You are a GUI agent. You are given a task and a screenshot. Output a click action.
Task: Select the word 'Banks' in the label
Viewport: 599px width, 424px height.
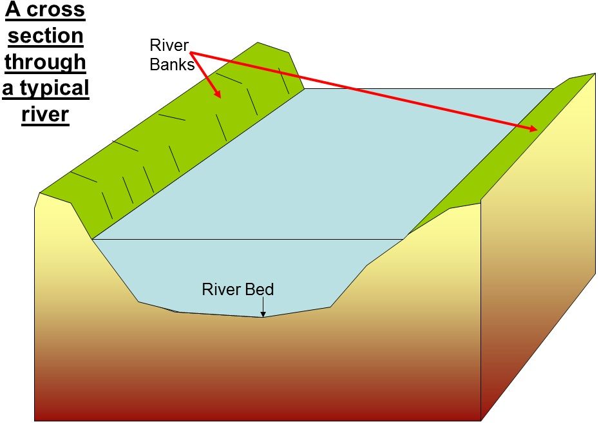click(x=172, y=64)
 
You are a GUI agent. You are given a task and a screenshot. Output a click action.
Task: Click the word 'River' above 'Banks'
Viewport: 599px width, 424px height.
click(x=169, y=46)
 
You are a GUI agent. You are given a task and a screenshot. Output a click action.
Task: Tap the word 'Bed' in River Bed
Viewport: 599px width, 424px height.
click(x=260, y=289)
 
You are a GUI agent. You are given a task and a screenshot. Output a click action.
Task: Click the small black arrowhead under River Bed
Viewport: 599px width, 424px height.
click(x=263, y=314)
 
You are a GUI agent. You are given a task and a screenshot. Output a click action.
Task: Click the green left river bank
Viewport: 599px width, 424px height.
click(x=161, y=148)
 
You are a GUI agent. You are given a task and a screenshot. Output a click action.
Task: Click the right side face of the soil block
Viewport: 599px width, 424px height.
click(x=541, y=258)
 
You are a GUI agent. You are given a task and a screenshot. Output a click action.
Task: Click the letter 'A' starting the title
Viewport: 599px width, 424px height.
click(x=14, y=11)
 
